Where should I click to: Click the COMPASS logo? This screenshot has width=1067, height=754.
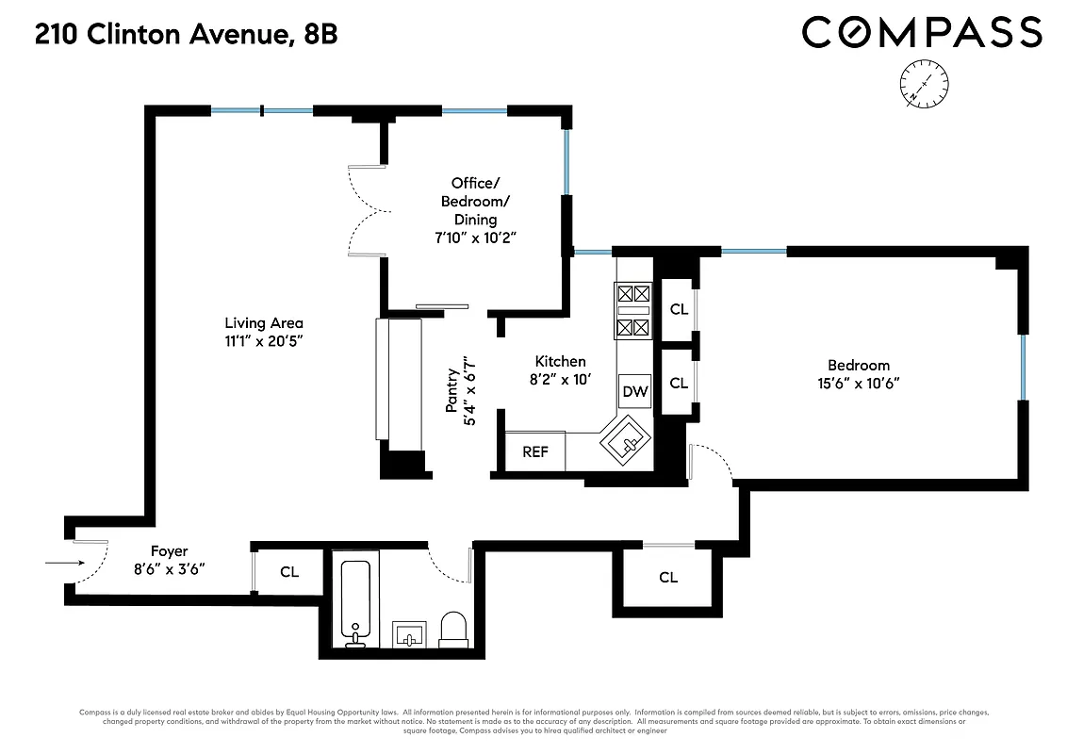(x=922, y=33)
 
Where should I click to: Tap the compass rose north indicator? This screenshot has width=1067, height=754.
(x=924, y=82)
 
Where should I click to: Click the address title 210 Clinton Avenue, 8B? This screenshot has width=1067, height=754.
(x=186, y=36)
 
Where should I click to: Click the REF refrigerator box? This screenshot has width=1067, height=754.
(x=535, y=451)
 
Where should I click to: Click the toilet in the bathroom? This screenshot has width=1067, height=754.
(x=453, y=630)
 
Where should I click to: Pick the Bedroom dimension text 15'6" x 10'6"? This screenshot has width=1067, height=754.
(x=858, y=384)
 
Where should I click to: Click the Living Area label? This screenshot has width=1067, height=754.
(x=264, y=323)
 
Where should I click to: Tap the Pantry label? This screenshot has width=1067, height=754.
(x=452, y=390)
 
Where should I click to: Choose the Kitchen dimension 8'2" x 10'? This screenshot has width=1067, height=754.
(x=560, y=379)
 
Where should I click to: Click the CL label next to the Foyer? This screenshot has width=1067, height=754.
(x=289, y=572)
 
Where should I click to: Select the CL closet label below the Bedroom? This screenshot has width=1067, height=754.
(x=668, y=578)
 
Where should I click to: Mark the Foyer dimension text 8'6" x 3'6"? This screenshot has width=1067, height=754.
(x=169, y=568)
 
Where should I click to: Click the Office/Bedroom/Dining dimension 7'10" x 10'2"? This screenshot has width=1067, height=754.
(x=473, y=238)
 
